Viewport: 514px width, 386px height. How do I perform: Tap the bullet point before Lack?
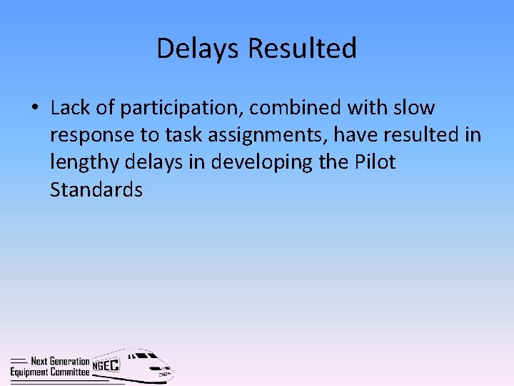click(34, 109)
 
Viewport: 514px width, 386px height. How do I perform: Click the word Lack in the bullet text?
click(70, 108)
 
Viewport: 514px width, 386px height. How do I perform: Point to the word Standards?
click(96, 189)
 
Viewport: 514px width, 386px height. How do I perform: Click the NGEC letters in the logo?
click(106, 365)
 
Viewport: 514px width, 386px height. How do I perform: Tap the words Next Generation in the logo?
click(60, 362)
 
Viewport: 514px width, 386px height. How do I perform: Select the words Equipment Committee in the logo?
click(50, 372)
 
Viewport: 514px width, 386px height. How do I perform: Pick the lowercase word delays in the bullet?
click(153, 162)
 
